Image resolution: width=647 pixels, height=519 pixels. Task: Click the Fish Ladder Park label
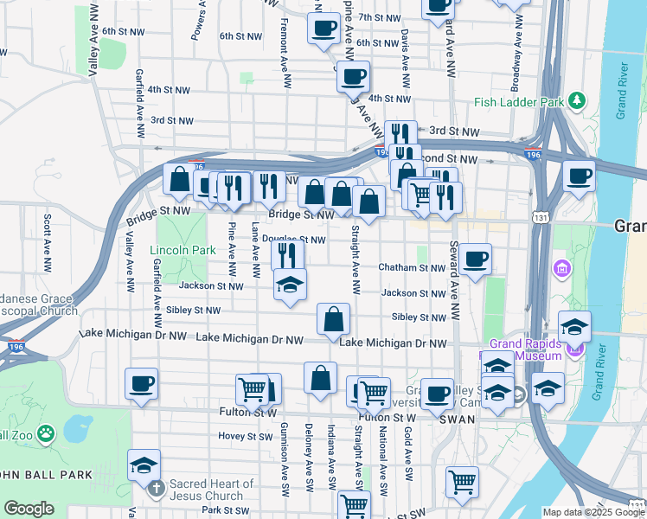pyautogui.click(x=517, y=102)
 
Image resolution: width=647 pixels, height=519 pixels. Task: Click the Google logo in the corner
pyautogui.click(x=29, y=509)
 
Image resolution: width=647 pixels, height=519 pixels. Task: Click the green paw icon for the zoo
pyautogui.click(x=46, y=431)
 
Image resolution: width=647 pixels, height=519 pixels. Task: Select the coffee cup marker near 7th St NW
pyautogui.click(x=323, y=28)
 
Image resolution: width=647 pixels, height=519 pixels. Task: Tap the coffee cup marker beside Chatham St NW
pyautogui.click(x=474, y=259)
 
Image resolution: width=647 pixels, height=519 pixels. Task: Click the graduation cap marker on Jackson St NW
pyautogui.click(x=290, y=285)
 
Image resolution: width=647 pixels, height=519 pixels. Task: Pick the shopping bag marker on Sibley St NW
pyautogui.click(x=334, y=319)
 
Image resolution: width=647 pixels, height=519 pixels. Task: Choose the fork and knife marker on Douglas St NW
pyautogui.click(x=288, y=255)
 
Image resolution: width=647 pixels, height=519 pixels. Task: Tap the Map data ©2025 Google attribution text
pyautogui.click(x=593, y=512)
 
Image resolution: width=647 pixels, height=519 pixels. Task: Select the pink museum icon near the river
pyautogui.click(x=562, y=268)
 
